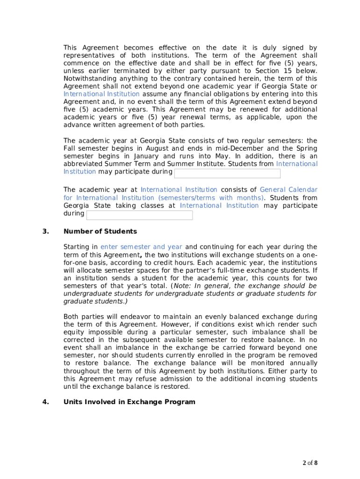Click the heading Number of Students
tap(100, 232)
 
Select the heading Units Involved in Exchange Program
tap(129, 402)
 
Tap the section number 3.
tap(45, 232)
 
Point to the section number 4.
tap(45, 402)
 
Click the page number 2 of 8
tap(310, 463)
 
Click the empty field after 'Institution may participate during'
tap(227, 174)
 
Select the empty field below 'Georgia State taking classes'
tap(139, 215)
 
